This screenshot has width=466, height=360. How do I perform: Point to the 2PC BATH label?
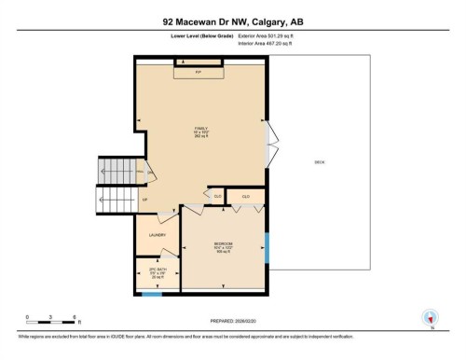[x=158, y=273]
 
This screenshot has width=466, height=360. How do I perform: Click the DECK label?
[x=319, y=161]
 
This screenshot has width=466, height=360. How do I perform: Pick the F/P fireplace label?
[x=198, y=71]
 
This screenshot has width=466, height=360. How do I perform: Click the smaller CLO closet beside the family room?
[x=217, y=196]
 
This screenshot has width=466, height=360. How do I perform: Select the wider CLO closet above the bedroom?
[x=246, y=196]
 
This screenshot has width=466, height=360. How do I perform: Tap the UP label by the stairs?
[x=144, y=199]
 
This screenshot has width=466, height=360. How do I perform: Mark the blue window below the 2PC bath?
[x=151, y=296]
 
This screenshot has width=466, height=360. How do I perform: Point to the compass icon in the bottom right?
[x=430, y=318]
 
